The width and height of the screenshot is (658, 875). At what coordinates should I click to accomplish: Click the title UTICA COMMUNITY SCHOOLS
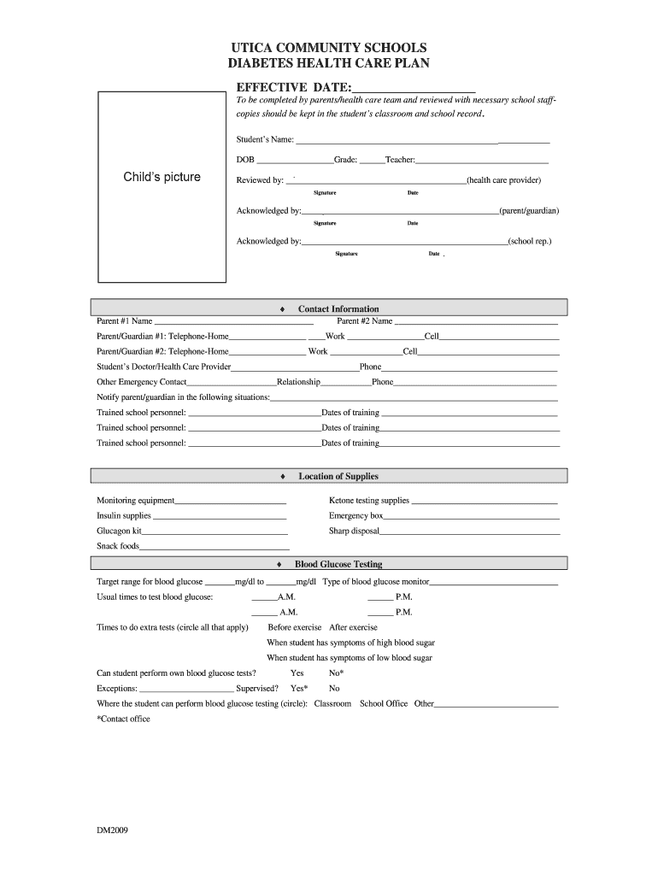point(329,47)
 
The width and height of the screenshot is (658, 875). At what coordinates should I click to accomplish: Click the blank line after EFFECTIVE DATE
point(414,87)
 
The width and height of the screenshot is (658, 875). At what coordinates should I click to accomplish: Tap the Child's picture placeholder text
point(162,177)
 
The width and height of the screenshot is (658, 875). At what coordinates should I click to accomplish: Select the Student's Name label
point(265,139)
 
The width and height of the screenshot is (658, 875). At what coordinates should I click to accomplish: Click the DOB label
point(245,160)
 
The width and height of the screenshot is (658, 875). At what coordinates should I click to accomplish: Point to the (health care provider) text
point(504,180)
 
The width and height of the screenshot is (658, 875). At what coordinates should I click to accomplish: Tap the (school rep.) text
point(530,241)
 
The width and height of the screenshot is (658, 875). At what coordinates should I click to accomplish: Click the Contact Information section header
point(338,308)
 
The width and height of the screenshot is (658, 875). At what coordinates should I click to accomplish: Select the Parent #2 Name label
point(365,321)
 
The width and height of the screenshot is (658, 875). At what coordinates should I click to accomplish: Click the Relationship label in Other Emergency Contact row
point(298,382)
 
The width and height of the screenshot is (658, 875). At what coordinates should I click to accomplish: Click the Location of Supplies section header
point(338,476)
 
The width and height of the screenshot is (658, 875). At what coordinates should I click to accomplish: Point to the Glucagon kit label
point(119,531)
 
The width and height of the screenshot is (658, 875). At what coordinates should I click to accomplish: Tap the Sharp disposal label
point(354,531)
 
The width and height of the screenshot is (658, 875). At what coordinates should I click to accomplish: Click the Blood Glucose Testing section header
point(338,564)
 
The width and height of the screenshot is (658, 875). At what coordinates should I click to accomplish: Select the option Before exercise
point(295,627)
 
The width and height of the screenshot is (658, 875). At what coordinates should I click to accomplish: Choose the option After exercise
point(353,627)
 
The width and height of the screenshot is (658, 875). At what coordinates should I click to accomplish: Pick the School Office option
point(384,704)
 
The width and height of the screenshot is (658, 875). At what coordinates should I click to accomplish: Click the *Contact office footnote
point(123,719)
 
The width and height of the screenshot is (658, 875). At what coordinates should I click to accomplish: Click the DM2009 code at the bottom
point(112,830)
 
